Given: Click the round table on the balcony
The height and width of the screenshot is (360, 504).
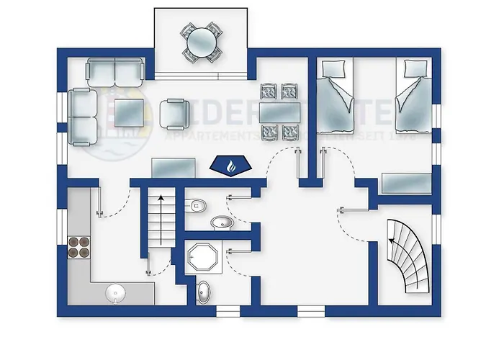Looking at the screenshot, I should point(201,42).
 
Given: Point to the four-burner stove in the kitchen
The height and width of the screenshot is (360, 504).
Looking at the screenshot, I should point(78,247).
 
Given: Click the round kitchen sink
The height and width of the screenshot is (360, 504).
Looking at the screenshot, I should point(115,292).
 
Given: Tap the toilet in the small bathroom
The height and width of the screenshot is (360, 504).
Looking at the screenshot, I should point(197,207).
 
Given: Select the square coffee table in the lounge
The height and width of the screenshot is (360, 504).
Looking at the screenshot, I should point(131,112).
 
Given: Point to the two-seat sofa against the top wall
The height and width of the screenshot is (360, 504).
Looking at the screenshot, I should point(114,71).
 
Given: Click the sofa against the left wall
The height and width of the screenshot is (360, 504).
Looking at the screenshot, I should point(84,117).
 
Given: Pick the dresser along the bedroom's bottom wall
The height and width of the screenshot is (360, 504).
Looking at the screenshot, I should point(405,184).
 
